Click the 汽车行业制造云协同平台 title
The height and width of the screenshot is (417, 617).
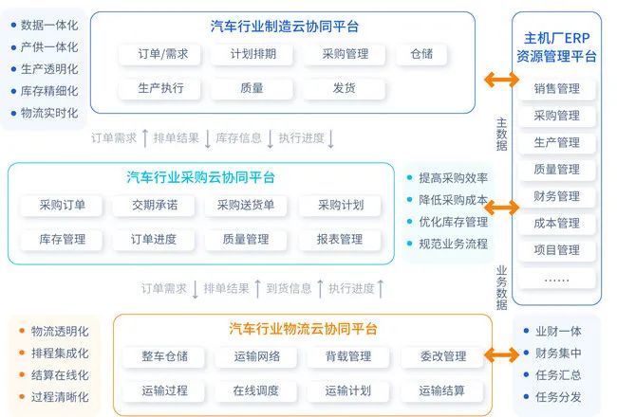click(x=285, y=27)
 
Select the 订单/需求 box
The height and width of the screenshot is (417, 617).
click(x=162, y=54)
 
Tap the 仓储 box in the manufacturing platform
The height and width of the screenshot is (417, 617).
click(x=421, y=54)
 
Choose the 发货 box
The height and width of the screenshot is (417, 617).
click(x=344, y=89)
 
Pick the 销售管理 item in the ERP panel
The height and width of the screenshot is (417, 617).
click(x=557, y=89)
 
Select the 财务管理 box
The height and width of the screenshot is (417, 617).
click(x=557, y=196)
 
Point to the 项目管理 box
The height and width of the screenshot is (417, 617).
click(x=557, y=250)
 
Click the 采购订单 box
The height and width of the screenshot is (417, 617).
click(x=63, y=205)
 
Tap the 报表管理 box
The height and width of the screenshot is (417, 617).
click(x=339, y=240)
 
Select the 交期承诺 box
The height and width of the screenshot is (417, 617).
click(x=153, y=205)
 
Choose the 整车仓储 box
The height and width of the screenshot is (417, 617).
click(x=165, y=356)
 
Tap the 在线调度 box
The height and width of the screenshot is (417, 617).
click(x=256, y=390)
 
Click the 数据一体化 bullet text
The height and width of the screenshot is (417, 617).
click(x=49, y=25)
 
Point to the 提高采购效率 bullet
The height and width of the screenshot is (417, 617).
click(x=453, y=177)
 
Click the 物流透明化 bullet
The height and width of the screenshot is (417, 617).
click(x=59, y=331)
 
